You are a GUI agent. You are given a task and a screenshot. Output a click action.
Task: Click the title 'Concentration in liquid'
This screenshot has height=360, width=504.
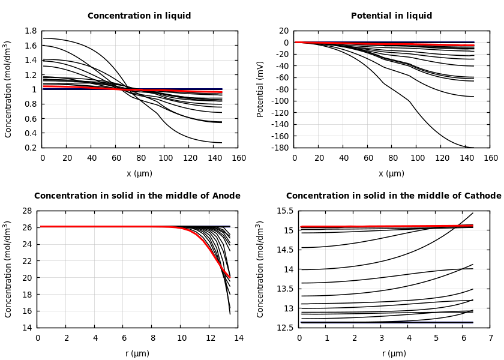pyautogui.click(x=139, y=16)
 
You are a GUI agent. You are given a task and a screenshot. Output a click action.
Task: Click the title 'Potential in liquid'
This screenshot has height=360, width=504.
pyautogui.click(x=391, y=16)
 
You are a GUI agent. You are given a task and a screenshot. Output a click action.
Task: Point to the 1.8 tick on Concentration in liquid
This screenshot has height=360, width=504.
pyautogui.click(x=31, y=31)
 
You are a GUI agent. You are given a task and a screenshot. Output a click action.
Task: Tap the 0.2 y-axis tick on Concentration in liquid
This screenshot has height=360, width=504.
pyautogui.click(x=31, y=148)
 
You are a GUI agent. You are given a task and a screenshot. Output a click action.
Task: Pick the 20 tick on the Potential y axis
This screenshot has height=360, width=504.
pyautogui.click(x=283, y=31)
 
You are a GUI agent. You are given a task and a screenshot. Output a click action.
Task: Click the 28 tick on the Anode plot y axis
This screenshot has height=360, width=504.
pyautogui.click(x=26, y=211)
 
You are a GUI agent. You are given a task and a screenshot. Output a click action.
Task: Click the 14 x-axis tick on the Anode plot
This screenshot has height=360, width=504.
pyautogui.click(x=238, y=338)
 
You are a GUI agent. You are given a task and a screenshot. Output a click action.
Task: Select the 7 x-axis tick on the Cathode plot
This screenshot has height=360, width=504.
pyautogui.click(x=490, y=338)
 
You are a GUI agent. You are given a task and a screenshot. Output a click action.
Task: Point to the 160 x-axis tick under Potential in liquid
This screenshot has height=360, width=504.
pyautogui.click(x=490, y=158)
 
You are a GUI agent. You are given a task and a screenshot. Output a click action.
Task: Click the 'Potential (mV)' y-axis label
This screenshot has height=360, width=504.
pyautogui.click(x=260, y=89)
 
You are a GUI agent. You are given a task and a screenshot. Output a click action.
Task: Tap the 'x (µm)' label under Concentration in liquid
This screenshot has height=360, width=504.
pyautogui.click(x=139, y=174)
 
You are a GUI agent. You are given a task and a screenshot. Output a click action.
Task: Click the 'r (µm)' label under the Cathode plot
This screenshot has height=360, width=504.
pyautogui.click(x=394, y=354)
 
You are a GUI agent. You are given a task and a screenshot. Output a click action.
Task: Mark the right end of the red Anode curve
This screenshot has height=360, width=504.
pyautogui.click(x=230, y=277)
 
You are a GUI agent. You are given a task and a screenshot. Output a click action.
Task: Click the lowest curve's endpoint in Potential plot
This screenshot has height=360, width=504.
pyautogui.click(x=473, y=148)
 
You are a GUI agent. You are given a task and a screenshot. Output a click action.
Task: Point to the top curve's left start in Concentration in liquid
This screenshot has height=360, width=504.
pyautogui.click(x=43, y=38)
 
